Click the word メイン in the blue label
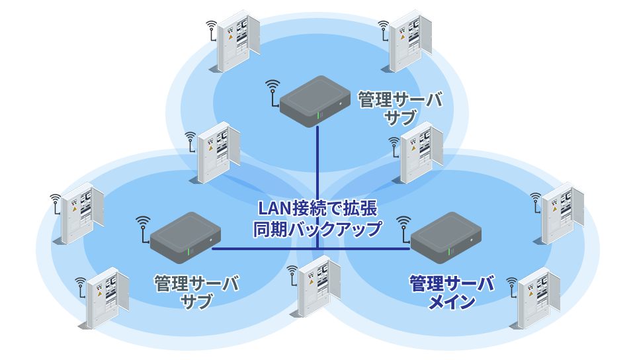[452, 302]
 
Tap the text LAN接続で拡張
[318, 208]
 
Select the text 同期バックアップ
[317, 229]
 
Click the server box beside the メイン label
[446, 238]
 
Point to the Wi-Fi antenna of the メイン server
[404, 229]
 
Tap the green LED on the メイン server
[449, 251]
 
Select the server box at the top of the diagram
[315, 101]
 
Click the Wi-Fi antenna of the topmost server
[273, 93]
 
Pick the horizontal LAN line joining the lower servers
[311, 249]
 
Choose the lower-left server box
[185, 238]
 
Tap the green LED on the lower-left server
[189, 251]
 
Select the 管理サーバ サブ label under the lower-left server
[196, 292]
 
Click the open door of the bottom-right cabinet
[554, 292]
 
